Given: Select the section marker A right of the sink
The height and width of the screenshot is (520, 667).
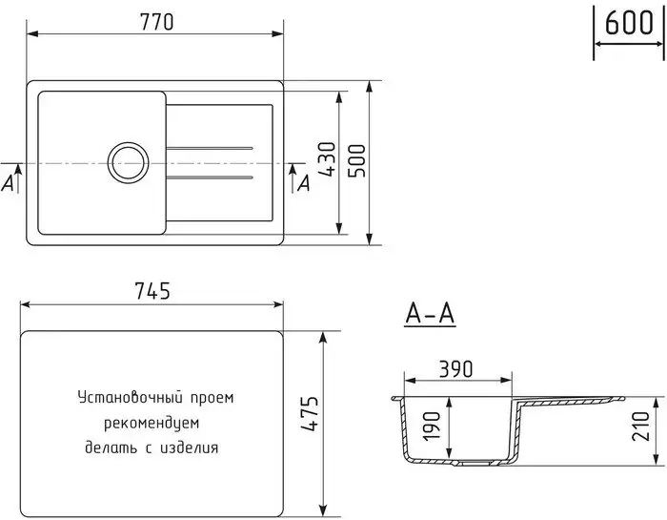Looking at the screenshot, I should tap(305, 183).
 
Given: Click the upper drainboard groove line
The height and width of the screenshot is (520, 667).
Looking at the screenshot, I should tap(210, 148).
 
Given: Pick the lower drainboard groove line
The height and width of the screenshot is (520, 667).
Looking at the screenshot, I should tap(210, 178).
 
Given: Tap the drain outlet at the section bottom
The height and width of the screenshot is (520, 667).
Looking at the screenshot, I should tap(468, 465).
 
